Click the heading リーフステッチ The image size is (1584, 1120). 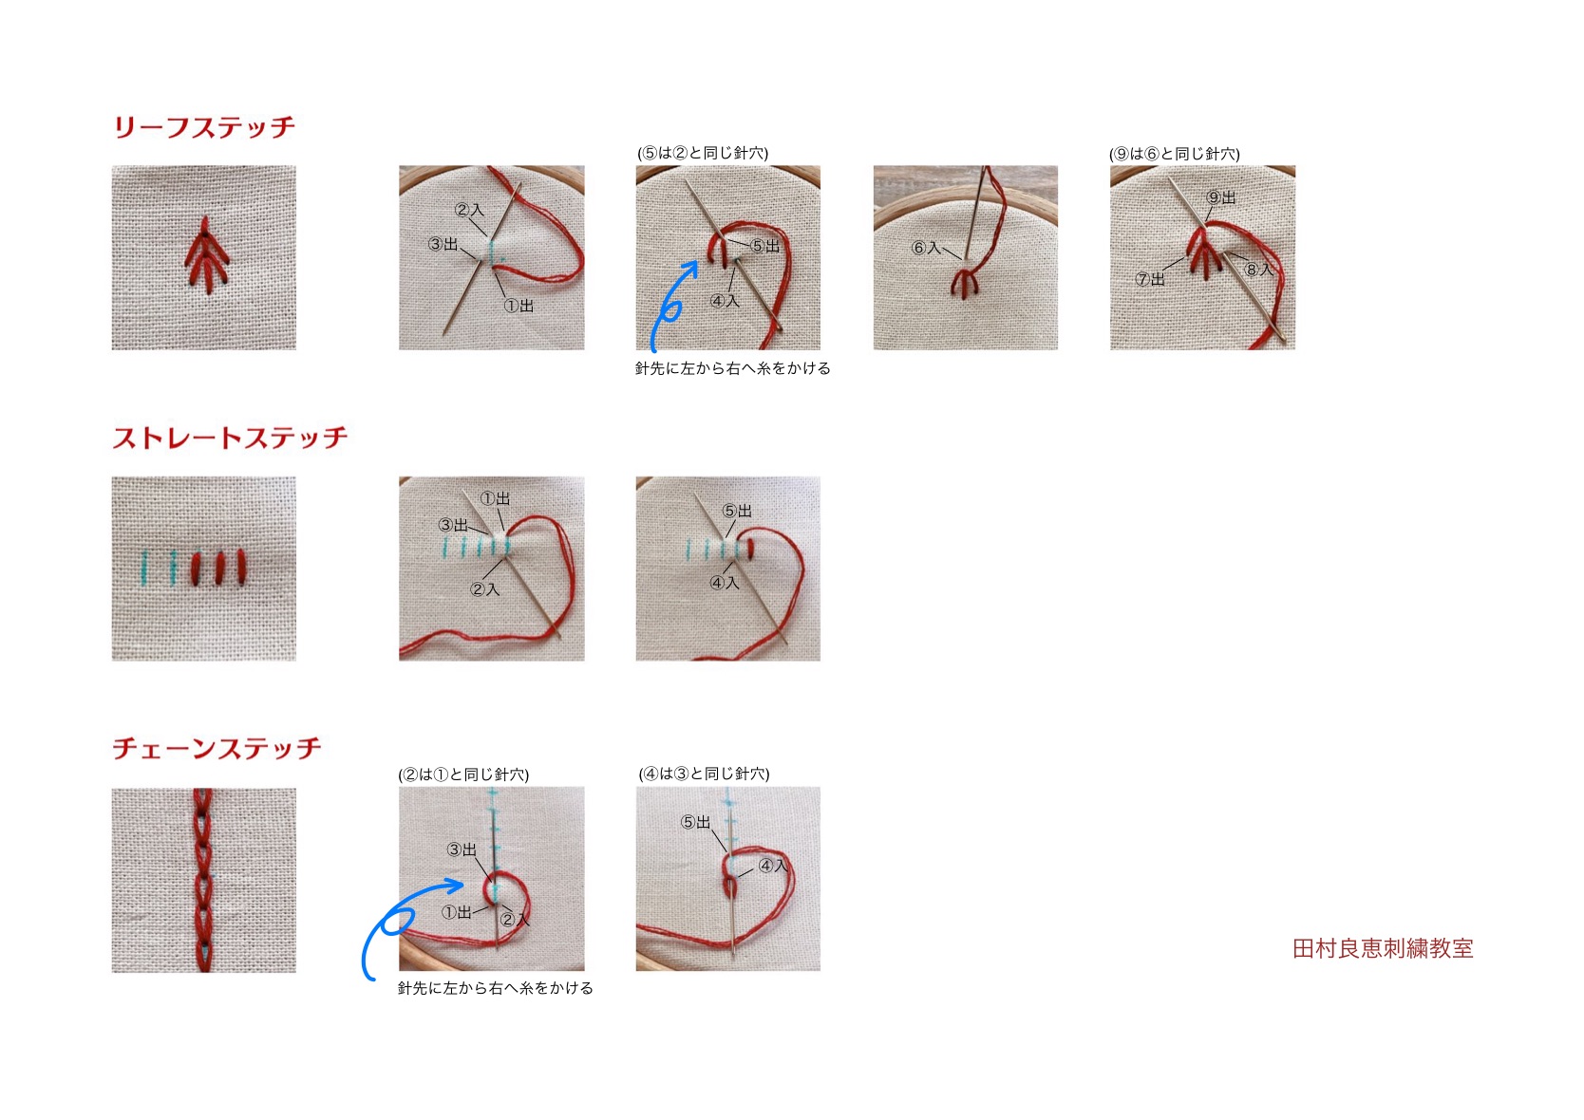point(204,127)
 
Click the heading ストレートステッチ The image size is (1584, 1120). point(231,438)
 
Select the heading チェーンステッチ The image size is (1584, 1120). point(217,748)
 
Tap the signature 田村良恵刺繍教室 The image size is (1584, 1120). point(1383,948)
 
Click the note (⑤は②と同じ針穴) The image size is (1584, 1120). point(703,153)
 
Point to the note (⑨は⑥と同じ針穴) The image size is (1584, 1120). point(1175,154)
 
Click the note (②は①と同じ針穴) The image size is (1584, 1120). point(463,775)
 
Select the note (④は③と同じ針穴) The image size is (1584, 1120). point(705,774)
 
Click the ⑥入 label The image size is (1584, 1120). point(926,248)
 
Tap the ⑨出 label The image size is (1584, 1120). point(1221,197)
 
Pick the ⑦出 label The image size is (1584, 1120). point(1151,279)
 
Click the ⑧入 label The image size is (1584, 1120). point(1258,270)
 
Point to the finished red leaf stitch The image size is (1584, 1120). point(206,255)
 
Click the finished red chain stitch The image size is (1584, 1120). point(203,881)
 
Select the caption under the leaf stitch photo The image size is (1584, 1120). point(732,368)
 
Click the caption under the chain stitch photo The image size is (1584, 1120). point(495,988)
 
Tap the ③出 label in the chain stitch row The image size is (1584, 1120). point(462,849)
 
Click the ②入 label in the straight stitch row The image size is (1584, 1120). point(485,589)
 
